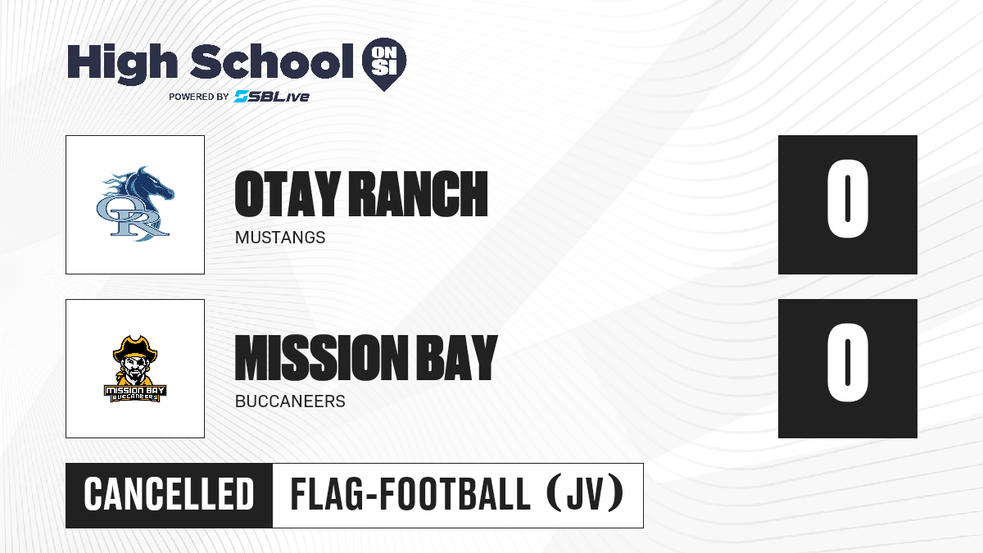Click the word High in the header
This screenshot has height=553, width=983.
[x=122, y=64]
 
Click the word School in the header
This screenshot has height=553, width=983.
[x=272, y=61]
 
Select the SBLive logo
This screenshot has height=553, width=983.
[x=272, y=97]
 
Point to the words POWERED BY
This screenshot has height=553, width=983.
[x=199, y=97]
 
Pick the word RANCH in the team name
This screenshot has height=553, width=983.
[x=419, y=194]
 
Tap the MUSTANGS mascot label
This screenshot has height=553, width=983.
[x=280, y=238]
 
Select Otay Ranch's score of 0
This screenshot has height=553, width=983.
[x=847, y=199]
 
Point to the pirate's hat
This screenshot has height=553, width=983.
[x=135, y=348]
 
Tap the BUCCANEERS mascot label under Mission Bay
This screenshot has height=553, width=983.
[x=290, y=401]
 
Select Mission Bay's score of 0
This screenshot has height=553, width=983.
[x=847, y=362]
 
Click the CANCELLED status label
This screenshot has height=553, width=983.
[x=169, y=494]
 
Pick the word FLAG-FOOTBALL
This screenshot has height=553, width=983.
[x=410, y=494]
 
